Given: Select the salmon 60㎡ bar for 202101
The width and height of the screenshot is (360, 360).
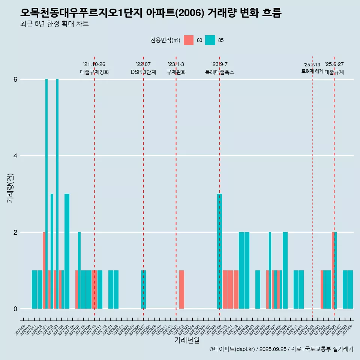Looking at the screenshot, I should click(44, 270).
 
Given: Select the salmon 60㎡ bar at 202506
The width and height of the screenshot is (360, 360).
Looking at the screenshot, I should click(333, 270).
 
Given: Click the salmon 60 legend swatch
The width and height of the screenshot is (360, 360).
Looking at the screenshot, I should click(189, 40).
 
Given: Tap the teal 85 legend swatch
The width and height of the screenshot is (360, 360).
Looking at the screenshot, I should click(210, 40).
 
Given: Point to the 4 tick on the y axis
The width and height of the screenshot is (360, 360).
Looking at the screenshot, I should click(15, 156).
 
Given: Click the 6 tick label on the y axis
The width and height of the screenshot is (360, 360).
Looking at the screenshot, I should click(15, 79).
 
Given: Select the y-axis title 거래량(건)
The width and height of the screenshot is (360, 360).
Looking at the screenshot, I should click(10, 187).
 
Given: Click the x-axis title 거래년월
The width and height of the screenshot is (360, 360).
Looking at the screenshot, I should click(187, 340).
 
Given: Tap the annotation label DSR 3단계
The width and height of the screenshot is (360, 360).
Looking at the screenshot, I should click(143, 72).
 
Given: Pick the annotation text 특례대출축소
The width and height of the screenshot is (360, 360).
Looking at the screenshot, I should click(220, 72).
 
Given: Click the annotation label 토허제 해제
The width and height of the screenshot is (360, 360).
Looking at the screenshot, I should click(312, 71).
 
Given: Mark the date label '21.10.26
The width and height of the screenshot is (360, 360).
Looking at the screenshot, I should click(94, 64).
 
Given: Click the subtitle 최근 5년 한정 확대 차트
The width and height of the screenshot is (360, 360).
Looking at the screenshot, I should click(54, 24).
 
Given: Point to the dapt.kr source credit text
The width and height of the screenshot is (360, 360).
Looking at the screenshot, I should click(281, 349).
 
